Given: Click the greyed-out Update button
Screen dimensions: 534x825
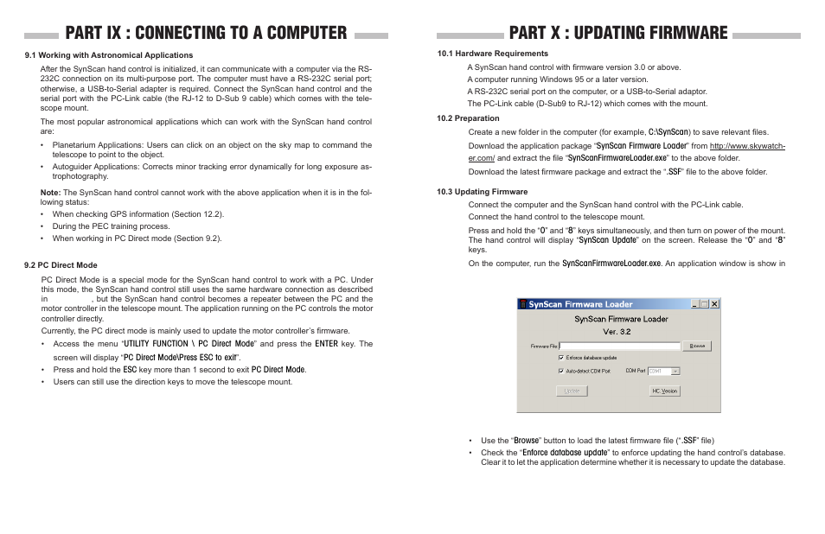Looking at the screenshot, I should [572, 391].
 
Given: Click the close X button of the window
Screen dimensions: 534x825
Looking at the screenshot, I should [715, 304].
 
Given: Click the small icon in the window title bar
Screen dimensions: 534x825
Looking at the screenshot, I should [522, 304].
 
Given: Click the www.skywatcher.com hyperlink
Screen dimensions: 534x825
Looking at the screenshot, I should [747, 146].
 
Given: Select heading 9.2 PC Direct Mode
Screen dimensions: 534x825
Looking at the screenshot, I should [61, 265].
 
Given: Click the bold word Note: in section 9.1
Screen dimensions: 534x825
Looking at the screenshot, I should [50, 192].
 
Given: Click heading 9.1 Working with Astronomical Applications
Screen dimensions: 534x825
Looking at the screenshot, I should [108, 55].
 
